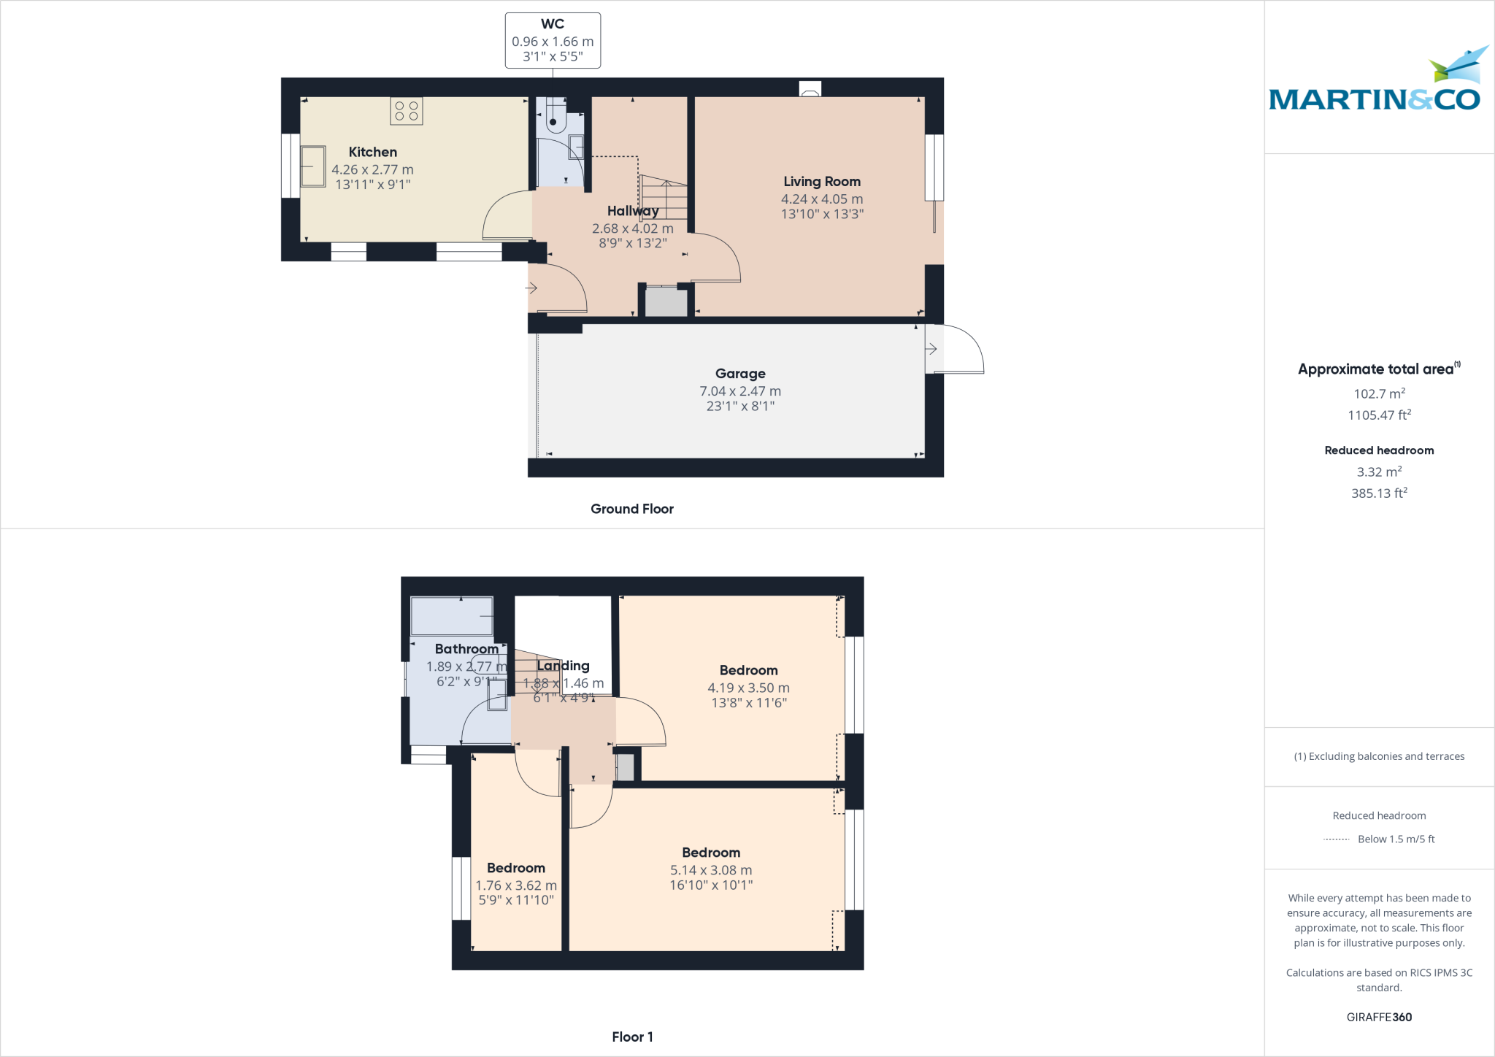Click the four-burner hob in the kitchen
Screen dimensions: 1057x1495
click(407, 111)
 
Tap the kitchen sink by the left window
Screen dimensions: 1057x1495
click(313, 166)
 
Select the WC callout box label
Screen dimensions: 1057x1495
click(553, 24)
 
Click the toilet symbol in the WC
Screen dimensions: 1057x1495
click(554, 117)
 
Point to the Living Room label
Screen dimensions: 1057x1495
click(822, 181)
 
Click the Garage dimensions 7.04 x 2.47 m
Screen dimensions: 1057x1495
click(740, 391)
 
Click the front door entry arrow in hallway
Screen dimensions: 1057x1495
click(531, 288)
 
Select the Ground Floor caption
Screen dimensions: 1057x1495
click(632, 509)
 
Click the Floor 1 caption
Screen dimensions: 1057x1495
click(632, 1037)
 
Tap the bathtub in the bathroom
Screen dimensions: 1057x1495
click(452, 616)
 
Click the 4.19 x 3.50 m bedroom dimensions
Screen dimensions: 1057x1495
click(748, 688)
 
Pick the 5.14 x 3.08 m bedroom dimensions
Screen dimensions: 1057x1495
click(711, 870)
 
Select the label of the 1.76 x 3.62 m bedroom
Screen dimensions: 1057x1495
click(516, 868)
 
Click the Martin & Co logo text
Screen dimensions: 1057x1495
click(1375, 99)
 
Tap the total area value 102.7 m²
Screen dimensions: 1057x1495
click(1379, 393)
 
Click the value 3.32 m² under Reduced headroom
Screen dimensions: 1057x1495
click(1379, 472)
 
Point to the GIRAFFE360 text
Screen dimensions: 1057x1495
click(1379, 1017)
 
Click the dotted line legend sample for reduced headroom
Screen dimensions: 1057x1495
click(1337, 839)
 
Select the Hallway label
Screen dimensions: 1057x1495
click(633, 211)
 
